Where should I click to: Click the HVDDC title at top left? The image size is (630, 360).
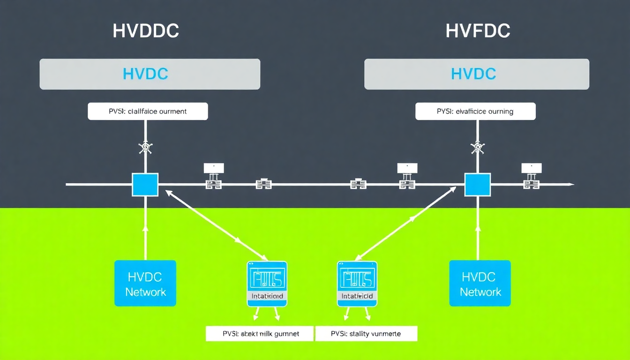click(x=146, y=31)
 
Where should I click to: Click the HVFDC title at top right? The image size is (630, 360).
click(x=477, y=31)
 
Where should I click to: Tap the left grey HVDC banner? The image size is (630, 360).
click(x=150, y=74)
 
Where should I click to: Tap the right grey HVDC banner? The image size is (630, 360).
click(x=476, y=74)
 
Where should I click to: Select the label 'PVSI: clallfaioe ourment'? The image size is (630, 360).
click(x=148, y=112)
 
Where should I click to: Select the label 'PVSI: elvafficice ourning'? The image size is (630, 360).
click(x=475, y=112)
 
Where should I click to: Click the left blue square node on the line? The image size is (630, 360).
click(x=145, y=185)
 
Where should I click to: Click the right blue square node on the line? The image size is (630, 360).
click(x=477, y=185)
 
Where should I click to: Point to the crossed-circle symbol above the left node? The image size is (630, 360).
click(x=145, y=148)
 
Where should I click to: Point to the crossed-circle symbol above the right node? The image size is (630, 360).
click(x=478, y=148)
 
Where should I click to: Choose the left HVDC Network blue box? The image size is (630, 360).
click(x=145, y=284)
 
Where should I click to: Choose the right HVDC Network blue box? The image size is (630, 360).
click(x=480, y=284)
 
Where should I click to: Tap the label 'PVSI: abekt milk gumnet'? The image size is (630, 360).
click(x=259, y=334)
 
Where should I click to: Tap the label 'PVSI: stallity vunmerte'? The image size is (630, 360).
click(x=366, y=334)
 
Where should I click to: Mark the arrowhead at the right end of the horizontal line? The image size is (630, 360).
click(x=570, y=185)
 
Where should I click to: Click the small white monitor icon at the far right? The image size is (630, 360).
click(x=531, y=168)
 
